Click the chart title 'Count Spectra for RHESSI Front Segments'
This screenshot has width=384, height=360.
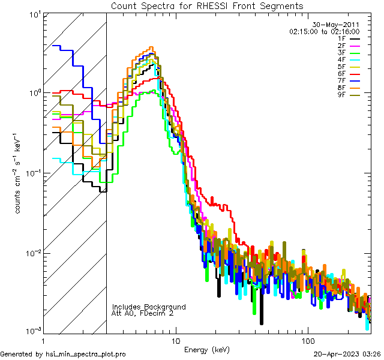pos(207,5)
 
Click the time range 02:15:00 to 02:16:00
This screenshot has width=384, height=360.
pos(324,31)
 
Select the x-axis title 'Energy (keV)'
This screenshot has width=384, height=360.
pos(207,349)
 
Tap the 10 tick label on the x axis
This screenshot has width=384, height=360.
pos(175,340)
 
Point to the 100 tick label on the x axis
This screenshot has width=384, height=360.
pos(307,340)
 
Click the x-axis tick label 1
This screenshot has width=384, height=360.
pos(44,340)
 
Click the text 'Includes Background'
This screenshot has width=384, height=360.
pos(149,307)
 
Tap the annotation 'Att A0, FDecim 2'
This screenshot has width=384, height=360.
pos(143,313)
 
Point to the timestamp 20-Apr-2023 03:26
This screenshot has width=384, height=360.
pos(347,354)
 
